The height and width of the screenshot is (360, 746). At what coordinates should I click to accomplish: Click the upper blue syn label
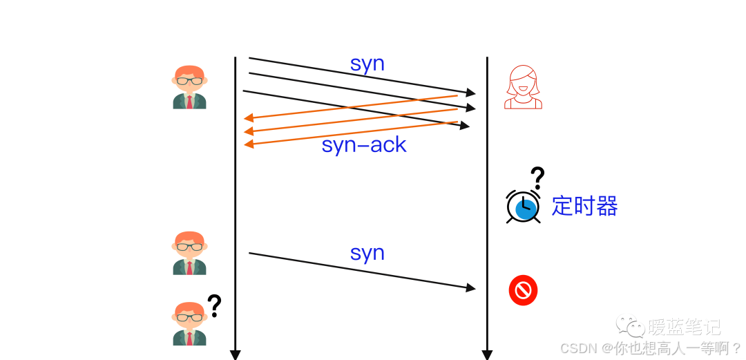367,64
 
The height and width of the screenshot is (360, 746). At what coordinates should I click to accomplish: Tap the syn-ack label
364,145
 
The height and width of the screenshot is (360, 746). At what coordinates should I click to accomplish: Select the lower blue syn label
367,253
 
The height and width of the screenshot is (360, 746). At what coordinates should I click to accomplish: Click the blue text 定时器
584,206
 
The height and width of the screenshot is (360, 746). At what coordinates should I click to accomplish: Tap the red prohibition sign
523,290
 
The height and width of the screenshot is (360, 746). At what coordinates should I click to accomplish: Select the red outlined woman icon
523,87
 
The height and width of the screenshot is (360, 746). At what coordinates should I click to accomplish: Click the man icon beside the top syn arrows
189,87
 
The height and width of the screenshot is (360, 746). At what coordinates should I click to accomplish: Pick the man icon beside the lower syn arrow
189,253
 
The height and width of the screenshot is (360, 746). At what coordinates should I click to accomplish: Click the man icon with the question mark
189,323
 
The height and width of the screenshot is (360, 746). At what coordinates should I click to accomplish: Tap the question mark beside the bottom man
215,305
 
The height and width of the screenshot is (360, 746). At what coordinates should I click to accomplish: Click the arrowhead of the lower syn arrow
472,287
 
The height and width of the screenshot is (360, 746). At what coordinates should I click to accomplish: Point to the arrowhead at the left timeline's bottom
235,355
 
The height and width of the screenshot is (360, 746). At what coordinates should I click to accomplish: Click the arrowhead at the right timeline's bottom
487,355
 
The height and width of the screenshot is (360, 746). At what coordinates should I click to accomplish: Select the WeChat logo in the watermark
630,325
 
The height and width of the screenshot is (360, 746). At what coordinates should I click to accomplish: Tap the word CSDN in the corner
579,348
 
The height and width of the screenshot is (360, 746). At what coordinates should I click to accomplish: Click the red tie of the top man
189,102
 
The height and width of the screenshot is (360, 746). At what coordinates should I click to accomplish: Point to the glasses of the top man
189,81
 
